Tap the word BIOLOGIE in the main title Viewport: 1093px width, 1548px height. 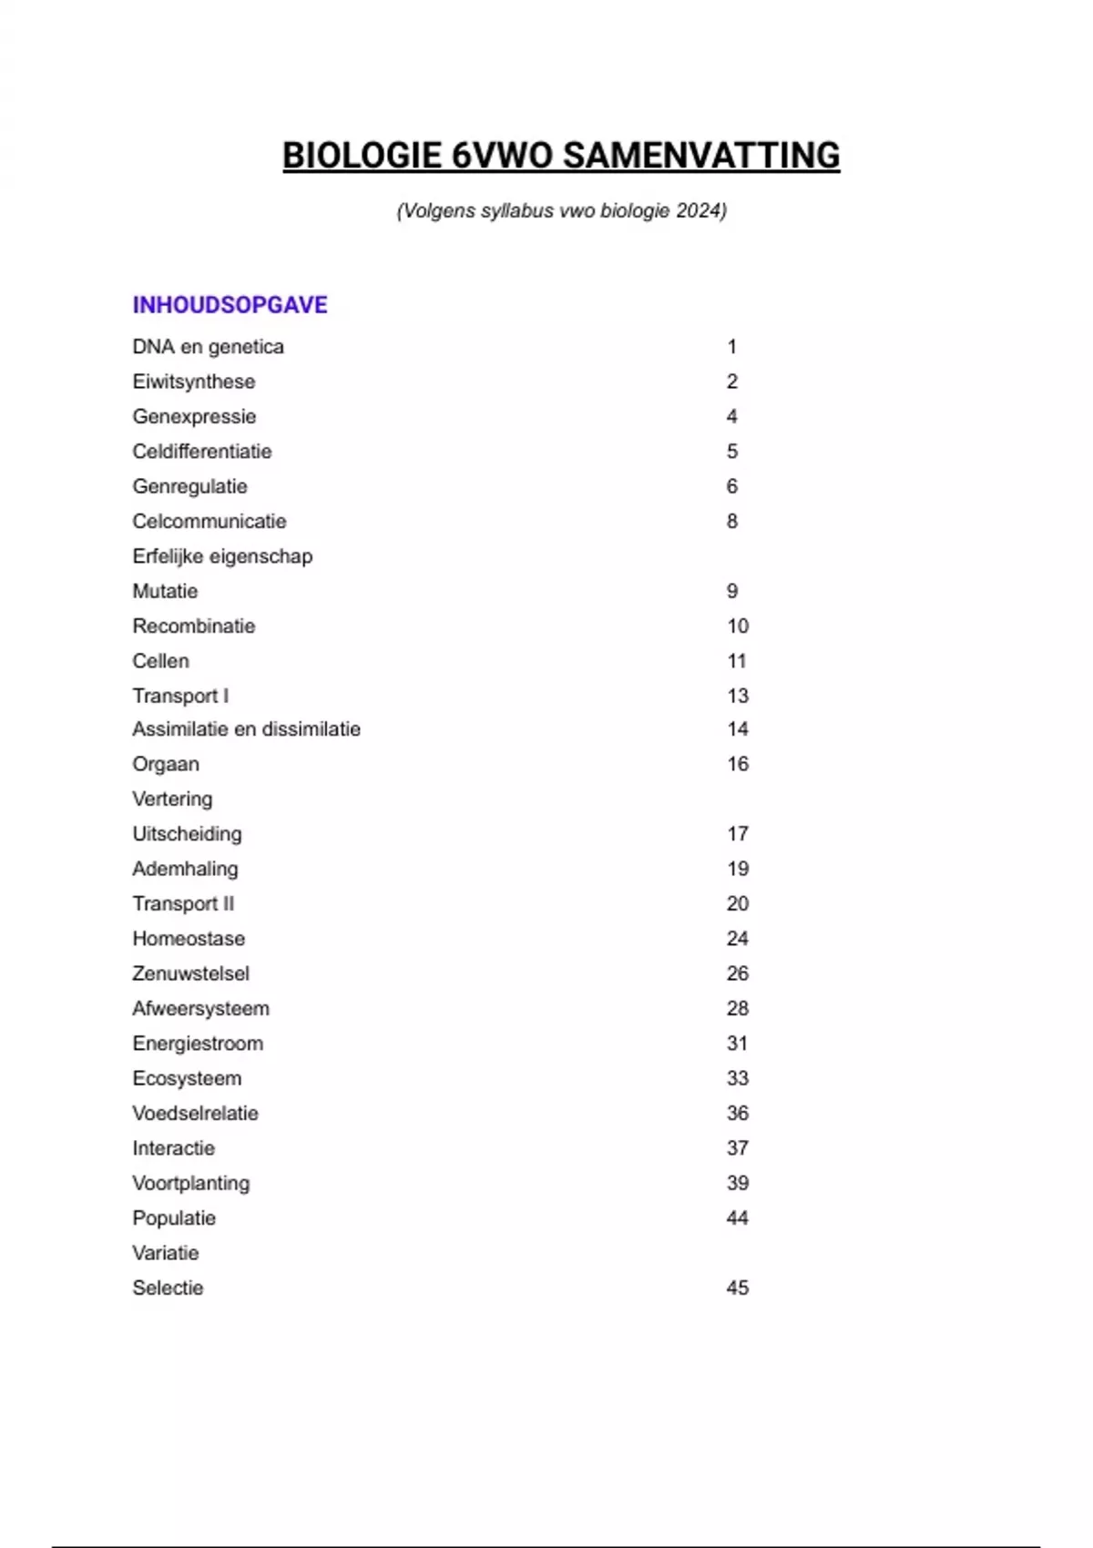coord(362,156)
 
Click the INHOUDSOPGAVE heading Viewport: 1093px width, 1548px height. coord(230,305)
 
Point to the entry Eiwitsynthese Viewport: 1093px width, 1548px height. coord(194,382)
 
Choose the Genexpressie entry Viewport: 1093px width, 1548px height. coord(194,417)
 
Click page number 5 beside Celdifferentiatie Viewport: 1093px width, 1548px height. coord(731,452)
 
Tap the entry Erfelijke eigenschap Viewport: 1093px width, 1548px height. coord(222,556)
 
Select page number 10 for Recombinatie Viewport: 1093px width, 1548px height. coord(737,626)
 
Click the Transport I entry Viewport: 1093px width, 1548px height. coord(180,697)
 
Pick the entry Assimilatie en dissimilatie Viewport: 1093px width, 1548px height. coord(246,729)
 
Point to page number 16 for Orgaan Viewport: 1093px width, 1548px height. coord(737,764)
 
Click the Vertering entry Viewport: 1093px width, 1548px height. coord(172,799)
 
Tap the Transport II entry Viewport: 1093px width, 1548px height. coord(183,904)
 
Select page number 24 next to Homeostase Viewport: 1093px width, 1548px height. coord(737,939)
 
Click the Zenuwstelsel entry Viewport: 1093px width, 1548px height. coord(190,973)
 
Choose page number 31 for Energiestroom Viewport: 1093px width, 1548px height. coord(737,1044)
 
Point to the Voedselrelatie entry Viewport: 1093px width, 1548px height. coord(195,1114)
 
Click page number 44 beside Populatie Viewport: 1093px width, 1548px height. coord(737,1218)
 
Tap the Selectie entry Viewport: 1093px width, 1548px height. coord(168,1288)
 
